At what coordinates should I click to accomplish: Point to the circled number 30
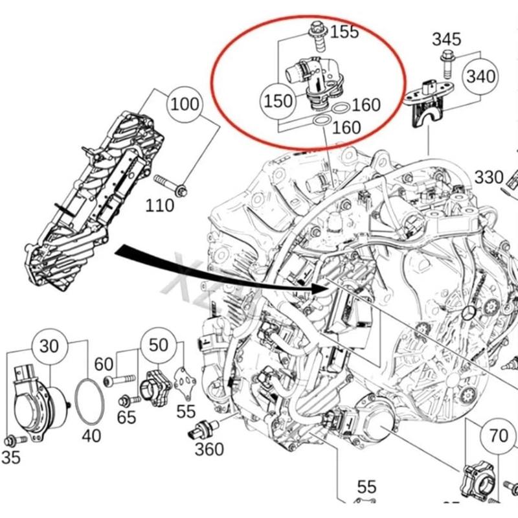[x=50, y=346]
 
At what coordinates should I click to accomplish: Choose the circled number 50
[x=159, y=344]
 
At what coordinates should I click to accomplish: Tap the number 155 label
[x=344, y=31]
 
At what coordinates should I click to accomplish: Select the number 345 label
[x=447, y=38]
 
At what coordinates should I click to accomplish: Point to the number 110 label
[x=159, y=205]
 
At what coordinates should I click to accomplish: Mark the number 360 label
[x=209, y=449]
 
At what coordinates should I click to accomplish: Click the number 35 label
[x=10, y=458]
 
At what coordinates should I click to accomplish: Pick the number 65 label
[x=127, y=416]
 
